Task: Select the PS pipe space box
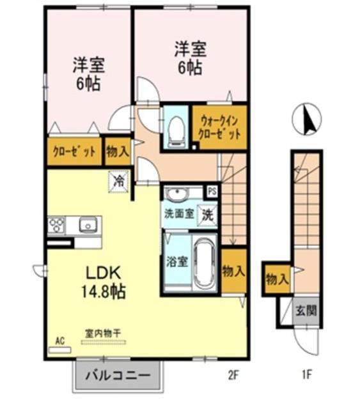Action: [212, 192]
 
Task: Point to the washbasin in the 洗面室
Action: [177, 194]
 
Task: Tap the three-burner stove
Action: [57, 225]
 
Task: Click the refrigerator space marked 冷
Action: [119, 181]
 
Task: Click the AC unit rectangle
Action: [60, 350]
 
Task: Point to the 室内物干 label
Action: [102, 334]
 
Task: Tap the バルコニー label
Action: [118, 376]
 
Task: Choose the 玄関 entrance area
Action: [306, 311]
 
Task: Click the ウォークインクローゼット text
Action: [219, 128]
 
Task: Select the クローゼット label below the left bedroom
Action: [74, 151]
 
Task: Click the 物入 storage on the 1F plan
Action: [278, 280]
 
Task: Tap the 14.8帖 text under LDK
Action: [104, 291]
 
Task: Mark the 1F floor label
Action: [307, 375]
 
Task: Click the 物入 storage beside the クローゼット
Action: [118, 151]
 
